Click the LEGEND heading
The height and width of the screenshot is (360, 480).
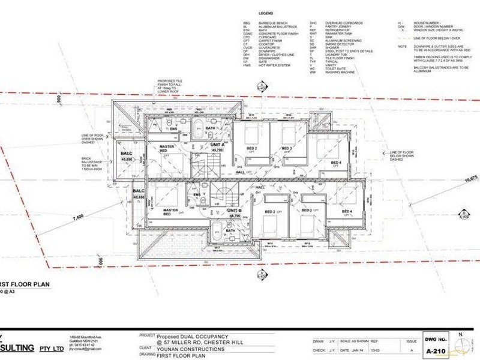tap(266, 13)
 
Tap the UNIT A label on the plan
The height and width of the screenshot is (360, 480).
tap(218, 145)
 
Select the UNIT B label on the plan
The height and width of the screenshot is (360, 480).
tap(234, 211)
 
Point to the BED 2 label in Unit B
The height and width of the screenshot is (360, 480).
tap(270, 212)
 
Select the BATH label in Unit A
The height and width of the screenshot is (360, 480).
tap(211, 128)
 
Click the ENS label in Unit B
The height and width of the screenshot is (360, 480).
tap(196, 194)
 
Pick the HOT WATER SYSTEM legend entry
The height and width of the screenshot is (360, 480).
tap(274, 65)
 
